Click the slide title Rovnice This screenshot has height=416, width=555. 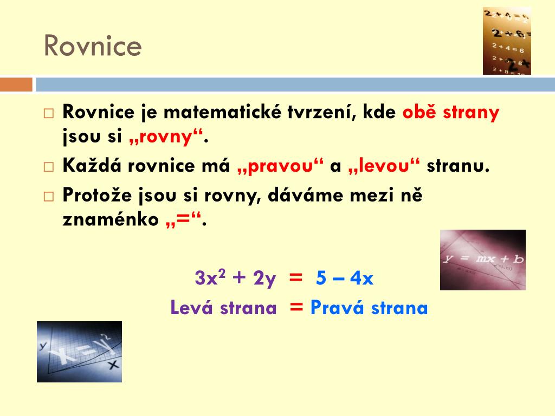click(93, 46)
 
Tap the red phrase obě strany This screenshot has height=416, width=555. click(450, 113)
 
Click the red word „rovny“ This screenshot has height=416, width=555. click(166, 138)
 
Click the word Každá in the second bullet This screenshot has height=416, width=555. click(93, 166)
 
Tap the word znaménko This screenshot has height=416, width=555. click(111, 220)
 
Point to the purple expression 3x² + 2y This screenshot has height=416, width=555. click(235, 278)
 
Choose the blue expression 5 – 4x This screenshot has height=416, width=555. click(345, 278)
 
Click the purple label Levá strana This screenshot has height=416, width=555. click(223, 308)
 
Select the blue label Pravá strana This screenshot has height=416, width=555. click(369, 308)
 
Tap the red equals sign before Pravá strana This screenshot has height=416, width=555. click(296, 307)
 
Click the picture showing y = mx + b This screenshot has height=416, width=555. click(482, 259)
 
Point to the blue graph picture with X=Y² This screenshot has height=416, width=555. click(79, 352)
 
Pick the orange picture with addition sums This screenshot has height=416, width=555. click(506, 41)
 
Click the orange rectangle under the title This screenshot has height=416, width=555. click(16, 84)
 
